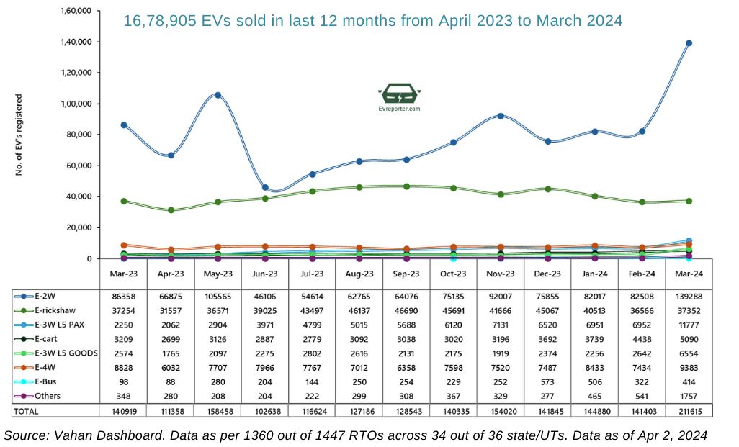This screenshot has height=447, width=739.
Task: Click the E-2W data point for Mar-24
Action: click(689, 43)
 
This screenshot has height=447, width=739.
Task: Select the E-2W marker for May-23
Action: click(218, 95)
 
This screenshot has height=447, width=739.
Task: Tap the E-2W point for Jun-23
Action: click(265, 188)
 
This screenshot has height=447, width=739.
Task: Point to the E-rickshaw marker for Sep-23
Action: click(406, 186)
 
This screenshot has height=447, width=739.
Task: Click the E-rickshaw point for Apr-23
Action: click(171, 210)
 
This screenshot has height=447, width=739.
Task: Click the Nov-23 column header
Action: click(501, 274)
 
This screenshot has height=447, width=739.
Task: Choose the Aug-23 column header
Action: click(359, 274)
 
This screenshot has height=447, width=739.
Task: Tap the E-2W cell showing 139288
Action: click(689, 295)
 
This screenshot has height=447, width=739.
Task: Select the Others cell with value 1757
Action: click(689, 395)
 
